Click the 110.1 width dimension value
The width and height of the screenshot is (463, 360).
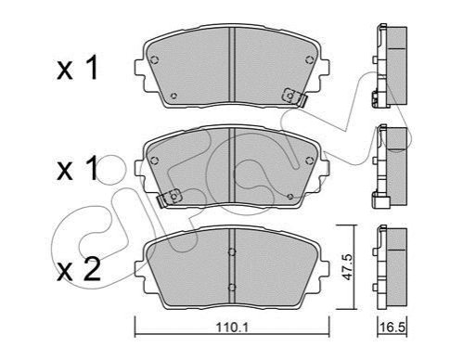232,328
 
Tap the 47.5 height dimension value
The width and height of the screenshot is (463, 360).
348,267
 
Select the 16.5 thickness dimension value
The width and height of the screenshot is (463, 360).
392,328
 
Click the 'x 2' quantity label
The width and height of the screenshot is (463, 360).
79,270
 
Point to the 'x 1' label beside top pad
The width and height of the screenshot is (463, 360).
77,68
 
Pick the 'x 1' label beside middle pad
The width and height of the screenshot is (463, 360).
77,168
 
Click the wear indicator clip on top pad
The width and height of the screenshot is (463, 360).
294,96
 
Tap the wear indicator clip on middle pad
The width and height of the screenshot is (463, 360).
170,198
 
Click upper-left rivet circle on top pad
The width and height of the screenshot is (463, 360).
154,59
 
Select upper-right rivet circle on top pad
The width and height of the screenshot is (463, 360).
309,59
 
